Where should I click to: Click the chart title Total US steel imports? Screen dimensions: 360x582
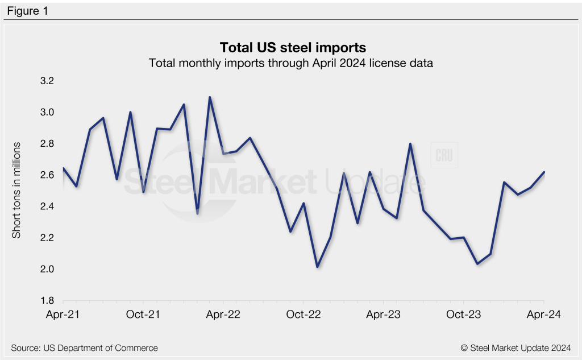[290, 47]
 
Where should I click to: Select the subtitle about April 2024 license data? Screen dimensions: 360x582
[290, 63]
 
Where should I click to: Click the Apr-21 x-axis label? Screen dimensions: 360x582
[63, 314]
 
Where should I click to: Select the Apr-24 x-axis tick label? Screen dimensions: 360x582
[544, 314]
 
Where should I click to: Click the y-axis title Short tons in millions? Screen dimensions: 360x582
[17, 191]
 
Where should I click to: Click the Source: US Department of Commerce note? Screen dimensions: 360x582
[84, 347]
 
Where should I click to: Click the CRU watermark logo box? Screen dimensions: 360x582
[444, 156]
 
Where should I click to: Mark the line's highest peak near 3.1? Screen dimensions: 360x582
[210, 97]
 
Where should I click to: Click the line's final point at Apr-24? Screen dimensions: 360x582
[544, 172]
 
